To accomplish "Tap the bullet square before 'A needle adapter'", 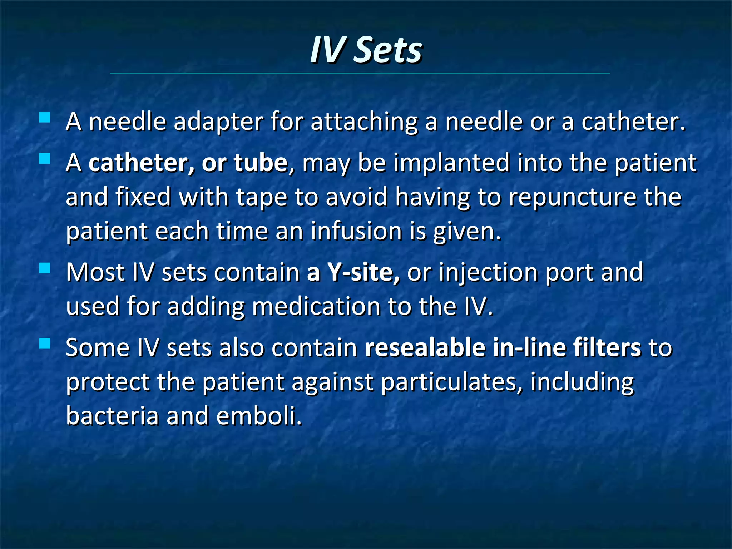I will [45, 118].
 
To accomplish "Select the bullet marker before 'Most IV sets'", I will [45, 268].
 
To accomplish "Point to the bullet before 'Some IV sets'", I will [45, 343].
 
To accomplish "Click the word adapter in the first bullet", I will [218, 122].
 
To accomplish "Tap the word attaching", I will [364, 122].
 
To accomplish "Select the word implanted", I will [451, 163].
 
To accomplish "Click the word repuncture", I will [573, 198].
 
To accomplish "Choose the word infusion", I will [356, 231].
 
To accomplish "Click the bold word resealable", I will [424, 347].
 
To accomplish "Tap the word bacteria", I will [112, 416].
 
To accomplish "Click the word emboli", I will [259, 416].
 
